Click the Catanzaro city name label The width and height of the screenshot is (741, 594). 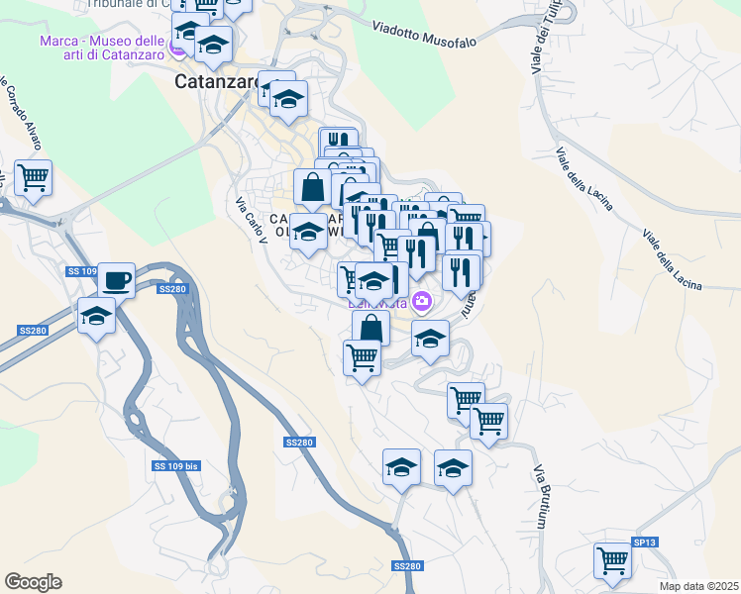217,83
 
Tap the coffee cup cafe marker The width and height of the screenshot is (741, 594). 116,279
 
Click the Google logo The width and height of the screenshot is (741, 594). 33,582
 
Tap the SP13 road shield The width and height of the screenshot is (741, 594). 644,544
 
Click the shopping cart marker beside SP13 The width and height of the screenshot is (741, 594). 613,560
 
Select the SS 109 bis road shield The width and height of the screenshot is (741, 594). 176,465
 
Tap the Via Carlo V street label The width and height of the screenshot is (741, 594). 252,221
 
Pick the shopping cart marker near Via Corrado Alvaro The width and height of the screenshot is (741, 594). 34,178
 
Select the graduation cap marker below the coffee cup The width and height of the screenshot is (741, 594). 97,317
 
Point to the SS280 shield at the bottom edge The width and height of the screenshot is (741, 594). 406,566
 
